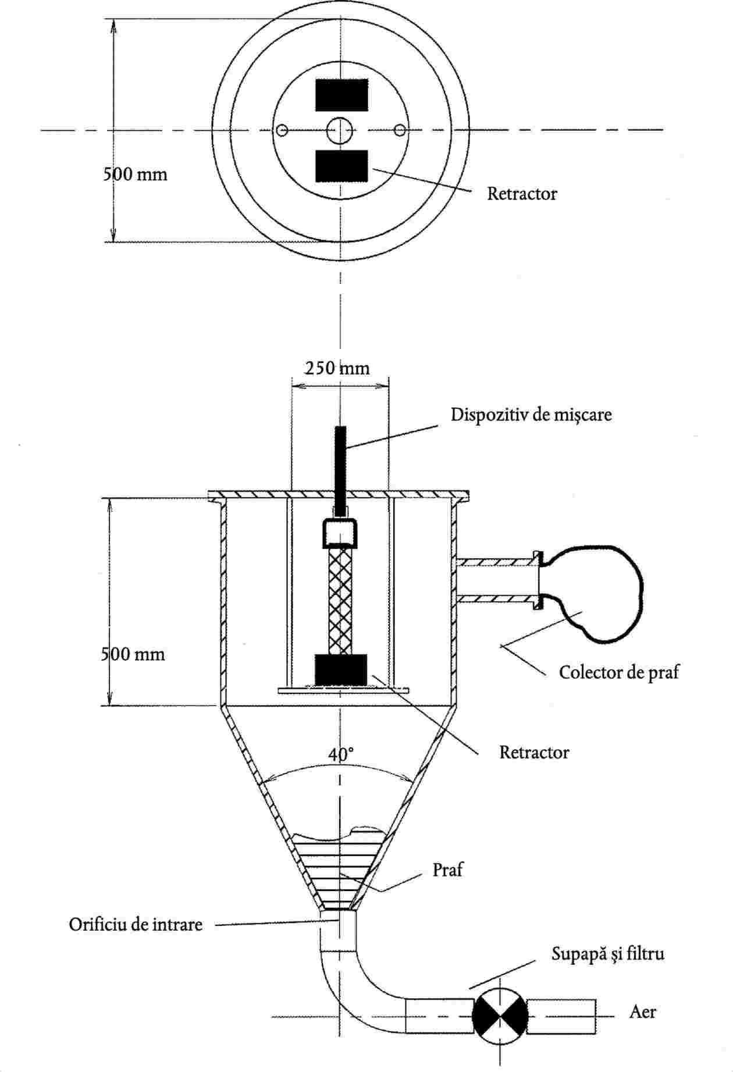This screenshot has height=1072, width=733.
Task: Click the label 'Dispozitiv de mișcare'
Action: (531, 415)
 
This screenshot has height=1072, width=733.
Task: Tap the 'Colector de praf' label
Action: (619, 672)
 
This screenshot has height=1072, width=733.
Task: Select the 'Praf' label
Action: (447, 870)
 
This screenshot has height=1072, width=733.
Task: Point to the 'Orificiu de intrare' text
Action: (136, 924)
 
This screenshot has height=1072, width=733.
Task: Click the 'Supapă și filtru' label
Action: (608, 954)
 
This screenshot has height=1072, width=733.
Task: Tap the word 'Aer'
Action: (643, 1012)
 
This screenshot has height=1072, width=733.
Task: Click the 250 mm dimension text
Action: (337, 368)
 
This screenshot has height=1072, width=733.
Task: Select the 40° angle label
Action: (341, 754)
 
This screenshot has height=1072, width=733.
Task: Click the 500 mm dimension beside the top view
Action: (135, 174)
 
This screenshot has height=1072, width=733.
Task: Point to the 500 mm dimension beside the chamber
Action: (133, 654)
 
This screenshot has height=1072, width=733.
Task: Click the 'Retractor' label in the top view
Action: (522, 194)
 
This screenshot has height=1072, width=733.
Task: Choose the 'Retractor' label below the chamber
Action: (534, 752)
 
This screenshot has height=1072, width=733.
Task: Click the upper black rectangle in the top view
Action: (341, 95)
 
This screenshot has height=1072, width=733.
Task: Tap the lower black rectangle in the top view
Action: (341, 166)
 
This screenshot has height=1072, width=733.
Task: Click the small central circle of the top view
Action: (340, 130)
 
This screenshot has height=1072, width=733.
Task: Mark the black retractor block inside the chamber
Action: (341, 669)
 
